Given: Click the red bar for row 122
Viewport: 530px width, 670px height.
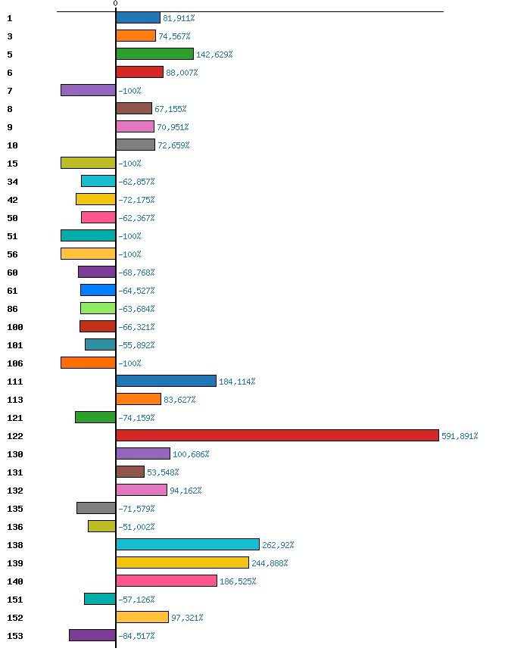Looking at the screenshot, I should tap(277, 435).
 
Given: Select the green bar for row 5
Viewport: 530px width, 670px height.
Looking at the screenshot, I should tap(154, 54).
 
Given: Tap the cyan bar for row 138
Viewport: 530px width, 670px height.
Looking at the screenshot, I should tap(187, 544).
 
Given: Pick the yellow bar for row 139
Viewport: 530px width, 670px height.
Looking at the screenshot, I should tap(182, 562).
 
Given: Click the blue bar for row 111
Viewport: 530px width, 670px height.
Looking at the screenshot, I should tap(166, 381).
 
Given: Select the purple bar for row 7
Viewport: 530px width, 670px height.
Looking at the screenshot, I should tap(88, 90).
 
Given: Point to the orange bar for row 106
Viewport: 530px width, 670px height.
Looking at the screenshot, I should tap(88, 363).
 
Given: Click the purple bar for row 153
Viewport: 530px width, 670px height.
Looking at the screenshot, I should tap(92, 635).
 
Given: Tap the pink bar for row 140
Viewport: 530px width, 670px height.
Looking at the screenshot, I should tap(166, 581).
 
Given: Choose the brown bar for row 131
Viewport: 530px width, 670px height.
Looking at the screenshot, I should tap(129, 472).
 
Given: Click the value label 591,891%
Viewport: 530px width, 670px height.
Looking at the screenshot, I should tap(460, 436).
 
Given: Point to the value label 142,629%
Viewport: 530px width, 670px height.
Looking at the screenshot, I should tap(214, 55).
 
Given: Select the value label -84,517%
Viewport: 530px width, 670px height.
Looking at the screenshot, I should tap(136, 636).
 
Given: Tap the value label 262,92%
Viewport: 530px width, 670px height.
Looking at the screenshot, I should tap(278, 545).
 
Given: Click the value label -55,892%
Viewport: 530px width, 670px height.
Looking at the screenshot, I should tap(136, 345).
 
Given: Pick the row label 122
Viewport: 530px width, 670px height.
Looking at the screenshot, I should tap(14, 436).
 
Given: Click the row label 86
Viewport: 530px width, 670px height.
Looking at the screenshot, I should tap(12, 309).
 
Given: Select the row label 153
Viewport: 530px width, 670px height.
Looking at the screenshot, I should tap(14, 636).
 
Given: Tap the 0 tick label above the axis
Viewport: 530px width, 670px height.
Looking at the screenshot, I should tap(115, 4).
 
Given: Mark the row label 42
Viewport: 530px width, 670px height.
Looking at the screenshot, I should tap(12, 200).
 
